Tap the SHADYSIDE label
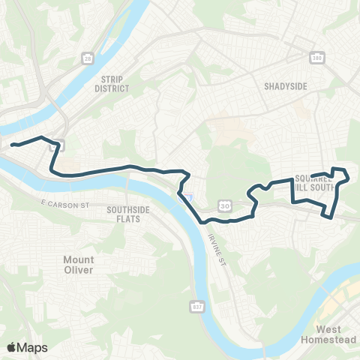click(x=286, y=86)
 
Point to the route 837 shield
click(x=197, y=306)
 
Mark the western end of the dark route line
click(x=12, y=143)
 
